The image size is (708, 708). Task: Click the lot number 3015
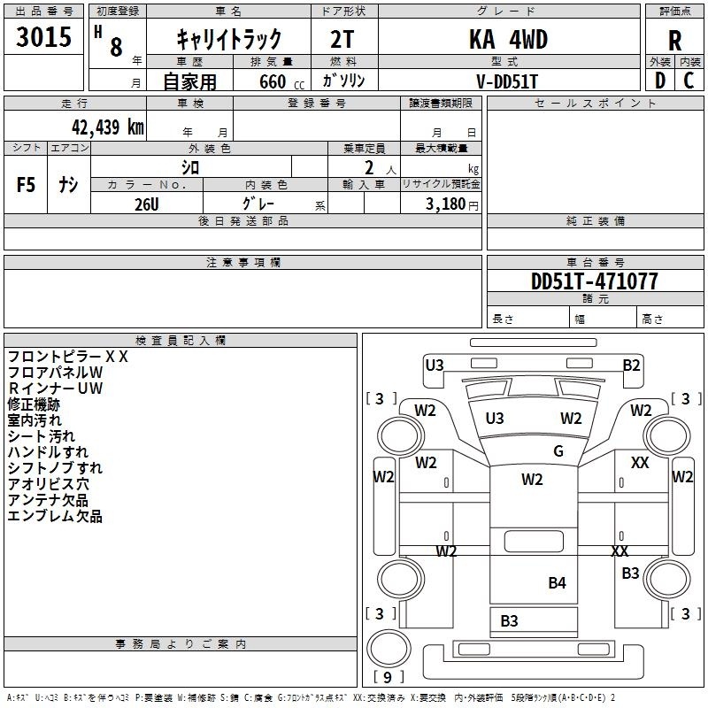click(43, 37)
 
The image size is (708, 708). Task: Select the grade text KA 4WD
click(508, 39)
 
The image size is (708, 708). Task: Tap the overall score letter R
click(674, 41)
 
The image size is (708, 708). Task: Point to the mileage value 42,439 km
click(108, 127)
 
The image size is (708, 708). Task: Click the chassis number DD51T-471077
click(594, 281)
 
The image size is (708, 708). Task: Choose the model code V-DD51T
click(507, 81)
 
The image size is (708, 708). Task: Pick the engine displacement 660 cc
click(281, 82)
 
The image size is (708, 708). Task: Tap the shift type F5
click(26, 185)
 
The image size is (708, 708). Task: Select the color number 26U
click(147, 204)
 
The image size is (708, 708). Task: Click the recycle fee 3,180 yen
click(452, 204)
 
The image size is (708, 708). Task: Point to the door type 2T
click(342, 39)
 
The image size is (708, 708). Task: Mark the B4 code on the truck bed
click(557, 583)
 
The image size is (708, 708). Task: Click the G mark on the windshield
click(558, 450)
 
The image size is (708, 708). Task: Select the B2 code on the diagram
click(631, 366)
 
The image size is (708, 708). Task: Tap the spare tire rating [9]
click(388, 677)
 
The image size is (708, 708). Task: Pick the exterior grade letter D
click(660, 81)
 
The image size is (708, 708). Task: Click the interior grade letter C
click(689, 81)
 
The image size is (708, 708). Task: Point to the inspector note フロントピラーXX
click(68, 357)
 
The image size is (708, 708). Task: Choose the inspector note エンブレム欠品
click(55, 516)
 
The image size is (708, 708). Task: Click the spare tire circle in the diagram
click(389, 649)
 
